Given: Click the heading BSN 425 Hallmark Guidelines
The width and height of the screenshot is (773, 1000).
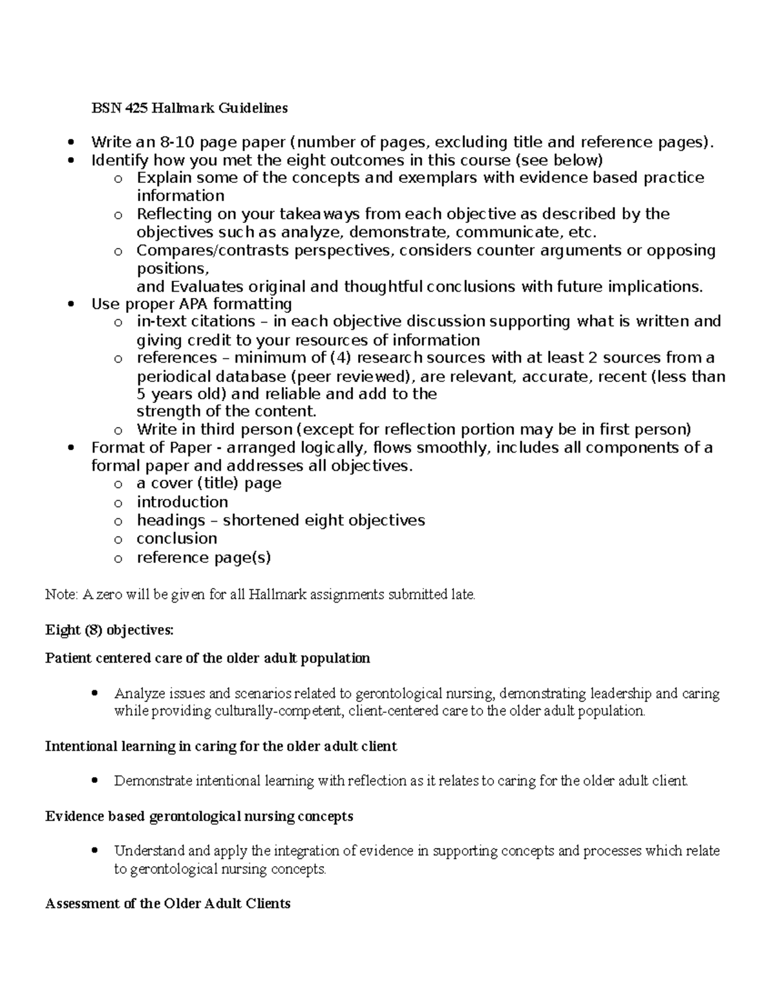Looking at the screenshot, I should click(x=189, y=108).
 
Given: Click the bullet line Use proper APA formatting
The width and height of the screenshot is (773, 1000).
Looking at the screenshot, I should click(x=191, y=304).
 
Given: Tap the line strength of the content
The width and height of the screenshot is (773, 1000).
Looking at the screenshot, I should click(x=227, y=411).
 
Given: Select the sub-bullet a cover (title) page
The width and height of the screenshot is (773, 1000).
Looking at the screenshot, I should click(x=209, y=484).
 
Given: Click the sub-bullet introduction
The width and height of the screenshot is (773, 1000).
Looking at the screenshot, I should click(x=182, y=502).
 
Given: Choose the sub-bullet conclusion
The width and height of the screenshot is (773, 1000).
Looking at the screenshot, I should click(x=177, y=539).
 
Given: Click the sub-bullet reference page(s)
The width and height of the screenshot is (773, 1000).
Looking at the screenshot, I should click(x=204, y=558).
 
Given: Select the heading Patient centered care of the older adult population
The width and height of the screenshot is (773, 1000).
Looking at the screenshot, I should click(x=207, y=659).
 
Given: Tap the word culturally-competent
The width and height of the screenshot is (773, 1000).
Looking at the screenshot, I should click(x=268, y=712).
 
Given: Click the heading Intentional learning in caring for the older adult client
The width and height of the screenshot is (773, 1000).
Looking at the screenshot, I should click(x=221, y=747).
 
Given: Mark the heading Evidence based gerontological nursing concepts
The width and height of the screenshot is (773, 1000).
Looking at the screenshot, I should click(x=199, y=817).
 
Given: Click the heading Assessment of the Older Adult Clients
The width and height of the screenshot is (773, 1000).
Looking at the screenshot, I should click(x=167, y=904).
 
